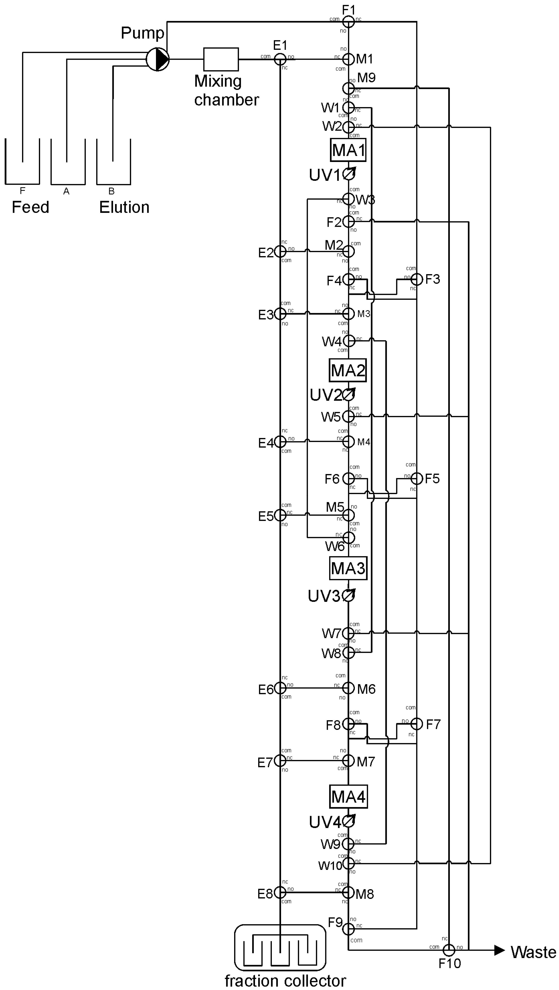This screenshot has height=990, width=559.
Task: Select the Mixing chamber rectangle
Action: pyautogui.click(x=221, y=59)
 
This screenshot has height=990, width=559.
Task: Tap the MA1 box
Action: pyautogui.click(x=348, y=150)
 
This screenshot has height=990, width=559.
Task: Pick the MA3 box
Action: pyautogui.click(x=348, y=568)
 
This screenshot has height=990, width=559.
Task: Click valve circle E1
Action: pyautogui.click(x=280, y=59)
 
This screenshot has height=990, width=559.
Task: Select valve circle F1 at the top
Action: pyautogui.click(x=348, y=21)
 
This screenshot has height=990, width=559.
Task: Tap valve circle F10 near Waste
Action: pyautogui.click(x=449, y=950)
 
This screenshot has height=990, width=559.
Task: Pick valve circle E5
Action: pyautogui.click(x=280, y=515)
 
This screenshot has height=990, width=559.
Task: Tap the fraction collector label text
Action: pyautogui.click(x=285, y=981)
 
